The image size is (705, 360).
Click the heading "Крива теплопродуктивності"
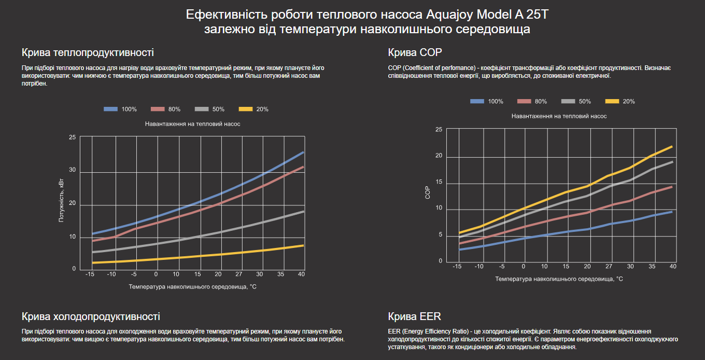[x=88, y=53]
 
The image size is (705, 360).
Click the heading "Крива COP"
[x=415, y=53]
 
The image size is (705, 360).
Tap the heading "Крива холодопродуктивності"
[x=91, y=316]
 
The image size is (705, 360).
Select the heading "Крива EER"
[x=414, y=316]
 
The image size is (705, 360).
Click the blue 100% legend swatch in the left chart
[x=111, y=109]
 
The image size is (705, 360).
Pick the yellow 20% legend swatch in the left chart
[x=245, y=109]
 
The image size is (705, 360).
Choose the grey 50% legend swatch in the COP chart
[x=566, y=101]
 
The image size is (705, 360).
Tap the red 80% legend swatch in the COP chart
[x=522, y=101]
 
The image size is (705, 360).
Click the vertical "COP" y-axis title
[x=428, y=193]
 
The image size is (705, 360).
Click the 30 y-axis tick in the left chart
[x=72, y=170]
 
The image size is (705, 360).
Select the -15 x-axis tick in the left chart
[x=90, y=274]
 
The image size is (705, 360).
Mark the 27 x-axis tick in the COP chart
[x=609, y=266]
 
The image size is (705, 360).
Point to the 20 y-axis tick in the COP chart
[x=439, y=156]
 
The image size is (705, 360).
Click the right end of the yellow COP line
[x=672, y=147]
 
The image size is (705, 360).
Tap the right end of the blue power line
[x=303, y=153]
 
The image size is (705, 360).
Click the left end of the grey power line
[x=93, y=252]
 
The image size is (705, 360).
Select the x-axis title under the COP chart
[x=559, y=279]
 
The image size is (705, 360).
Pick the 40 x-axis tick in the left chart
[x=301, y=274]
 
